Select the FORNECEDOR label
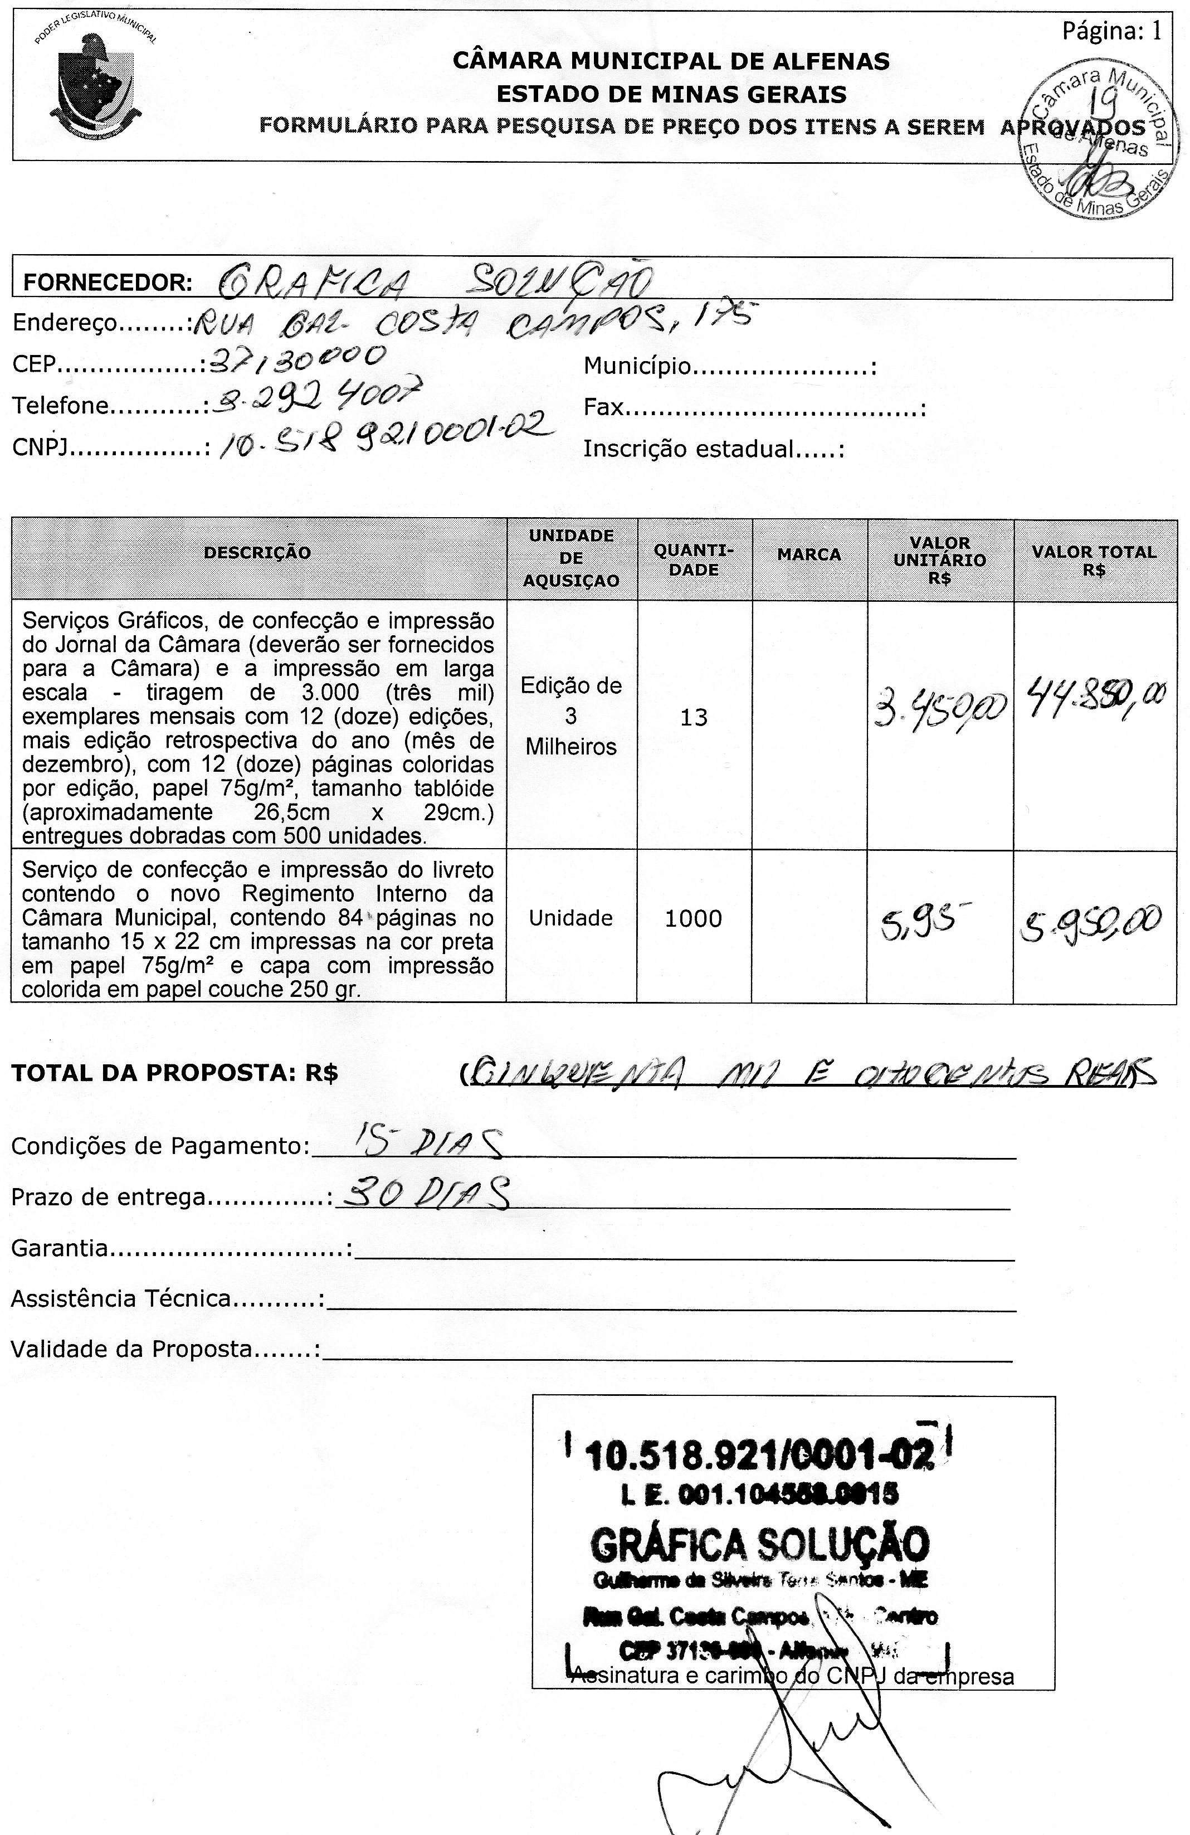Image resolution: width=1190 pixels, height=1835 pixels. (107, 282)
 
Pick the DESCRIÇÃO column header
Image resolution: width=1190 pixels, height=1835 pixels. (257, 553)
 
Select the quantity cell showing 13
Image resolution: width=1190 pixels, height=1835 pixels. (694, 718)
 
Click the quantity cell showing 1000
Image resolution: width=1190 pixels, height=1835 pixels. (693, 918)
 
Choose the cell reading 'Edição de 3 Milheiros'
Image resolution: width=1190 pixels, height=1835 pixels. (571, 716)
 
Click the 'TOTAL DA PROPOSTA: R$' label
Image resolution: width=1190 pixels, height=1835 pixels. (174, 1074)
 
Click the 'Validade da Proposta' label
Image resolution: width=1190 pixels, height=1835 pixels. (165, 1349)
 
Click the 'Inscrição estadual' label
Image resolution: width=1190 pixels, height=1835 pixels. (713, 449)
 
